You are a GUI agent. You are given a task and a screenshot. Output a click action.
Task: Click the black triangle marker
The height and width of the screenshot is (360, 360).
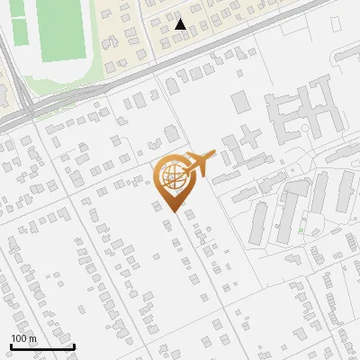pos(181,24)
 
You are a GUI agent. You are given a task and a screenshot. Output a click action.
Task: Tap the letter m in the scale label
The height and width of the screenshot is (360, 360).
pos(32,338)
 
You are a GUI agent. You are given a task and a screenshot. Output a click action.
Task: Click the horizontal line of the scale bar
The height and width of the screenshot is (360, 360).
pos(42,346)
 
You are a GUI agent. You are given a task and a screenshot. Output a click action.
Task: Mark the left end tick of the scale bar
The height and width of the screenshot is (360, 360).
pos(10,346)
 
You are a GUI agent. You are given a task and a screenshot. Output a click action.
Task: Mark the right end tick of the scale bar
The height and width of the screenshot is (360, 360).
pos(74,346)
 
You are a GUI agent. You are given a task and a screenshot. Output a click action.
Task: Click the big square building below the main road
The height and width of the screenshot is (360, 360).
pos(241,102)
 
